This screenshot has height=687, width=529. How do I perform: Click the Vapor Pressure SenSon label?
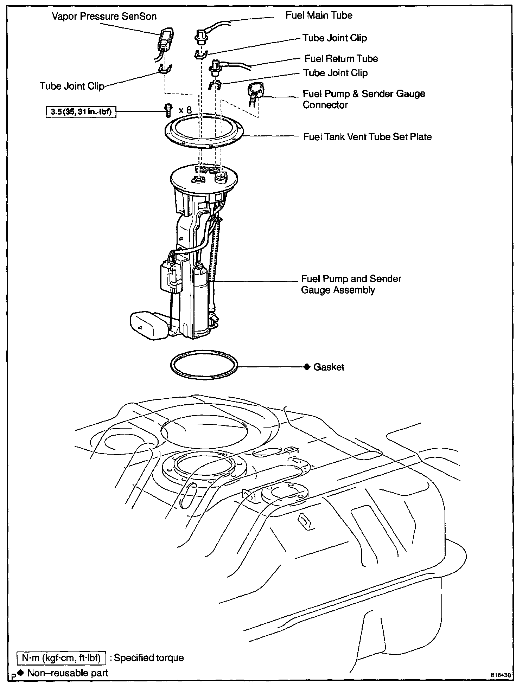pyautogui.click(x=104, y=17)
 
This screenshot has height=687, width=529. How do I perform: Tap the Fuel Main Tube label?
pyautogui.click(x=319, y=15)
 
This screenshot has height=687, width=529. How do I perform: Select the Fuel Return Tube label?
pyautogui.click(x=341, y=59)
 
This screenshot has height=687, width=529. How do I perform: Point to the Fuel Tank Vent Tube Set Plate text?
pyautogui.click(x=367, y=137)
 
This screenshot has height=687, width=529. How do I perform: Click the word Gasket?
pyautogui.click(x=329, y=367)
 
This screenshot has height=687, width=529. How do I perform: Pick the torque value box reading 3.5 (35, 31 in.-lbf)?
pyautogui.click(x=81, y=112)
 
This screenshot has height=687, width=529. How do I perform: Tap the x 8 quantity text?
pyautogui.click(x=185, y=110)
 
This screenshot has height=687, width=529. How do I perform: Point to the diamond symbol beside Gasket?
pyautogui.click(x=307, y=367)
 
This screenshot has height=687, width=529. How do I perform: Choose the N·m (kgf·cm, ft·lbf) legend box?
pyautogui.click(x=62, y=658)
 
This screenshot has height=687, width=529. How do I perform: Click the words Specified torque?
pyautogui.click(x=149, y=658)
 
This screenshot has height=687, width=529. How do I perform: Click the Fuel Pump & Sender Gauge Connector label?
pyautogui.click(x=364, y=99)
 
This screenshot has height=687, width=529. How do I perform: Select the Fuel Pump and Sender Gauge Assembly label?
pyautogui.click(x=351, y=284)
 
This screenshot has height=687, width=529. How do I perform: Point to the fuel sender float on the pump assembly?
pyautogui.click(x=148, y=325)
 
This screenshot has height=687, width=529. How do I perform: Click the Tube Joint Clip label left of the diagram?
pyautogui.click(x=72, y=86)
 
